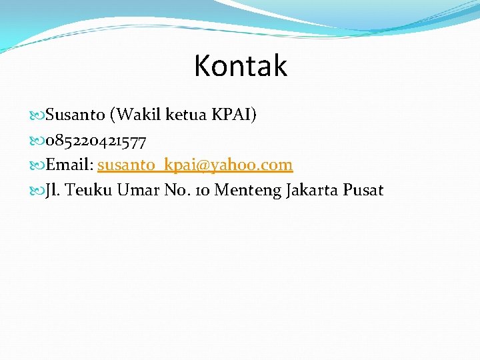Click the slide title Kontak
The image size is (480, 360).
(240, 66)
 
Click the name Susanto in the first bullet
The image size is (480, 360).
(75, 115)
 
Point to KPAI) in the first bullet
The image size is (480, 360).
(233, 115)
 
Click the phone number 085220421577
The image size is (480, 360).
(96, 140)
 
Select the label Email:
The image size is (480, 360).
(69, 165)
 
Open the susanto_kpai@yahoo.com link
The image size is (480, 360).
(195, 165)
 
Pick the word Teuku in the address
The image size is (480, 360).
(89, 190)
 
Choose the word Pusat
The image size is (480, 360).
(363, 190)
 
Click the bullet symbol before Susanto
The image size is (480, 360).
(39, 115)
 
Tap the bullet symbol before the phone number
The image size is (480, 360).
(39, 141)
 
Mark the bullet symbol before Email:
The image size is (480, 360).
(39, 165)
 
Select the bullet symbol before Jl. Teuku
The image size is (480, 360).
(39, 191)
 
